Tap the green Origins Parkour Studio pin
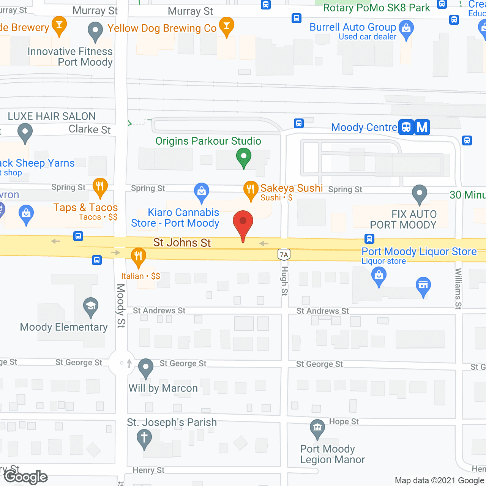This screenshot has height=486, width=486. click(x=244, y=156)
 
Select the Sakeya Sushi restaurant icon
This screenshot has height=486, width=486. click(x=250, y=189)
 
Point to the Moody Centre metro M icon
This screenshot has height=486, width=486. click(x=422, y=127)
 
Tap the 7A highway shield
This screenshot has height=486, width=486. click(x=284, y=254)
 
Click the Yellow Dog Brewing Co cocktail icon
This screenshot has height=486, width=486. click(x=227, y=26)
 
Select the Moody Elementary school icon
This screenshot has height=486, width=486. click(x=91, y=306)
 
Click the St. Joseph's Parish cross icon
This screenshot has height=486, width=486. click(x=144, y=438)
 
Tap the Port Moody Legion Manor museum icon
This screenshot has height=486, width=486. click(x=317, y=428)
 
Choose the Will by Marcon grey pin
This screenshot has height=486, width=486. click(x=145, y=367)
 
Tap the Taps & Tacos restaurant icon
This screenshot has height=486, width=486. click(x=100, y=186)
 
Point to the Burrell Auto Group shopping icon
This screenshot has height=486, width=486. click(x=406, y=28)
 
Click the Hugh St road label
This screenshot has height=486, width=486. click(x=284, y=281)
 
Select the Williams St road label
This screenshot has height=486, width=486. click(x=458, y=289)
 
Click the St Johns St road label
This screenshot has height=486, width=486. click(x=182, y=243)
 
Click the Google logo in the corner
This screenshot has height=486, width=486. click(x=26, y=477)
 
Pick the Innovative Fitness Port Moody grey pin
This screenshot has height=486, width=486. click(x=95, y=31)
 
